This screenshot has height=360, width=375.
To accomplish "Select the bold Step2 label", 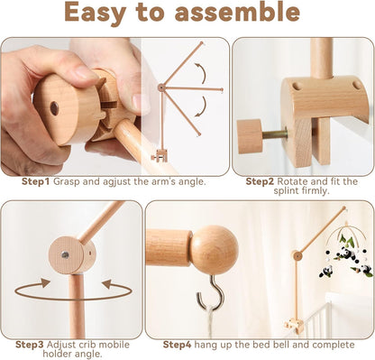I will [x=262, y=180].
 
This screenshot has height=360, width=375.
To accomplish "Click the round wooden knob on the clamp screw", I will [x=249, y=135].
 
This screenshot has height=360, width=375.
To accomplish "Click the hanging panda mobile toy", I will [x=345, y=255].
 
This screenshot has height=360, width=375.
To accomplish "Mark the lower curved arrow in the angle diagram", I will [x=199, y=110].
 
